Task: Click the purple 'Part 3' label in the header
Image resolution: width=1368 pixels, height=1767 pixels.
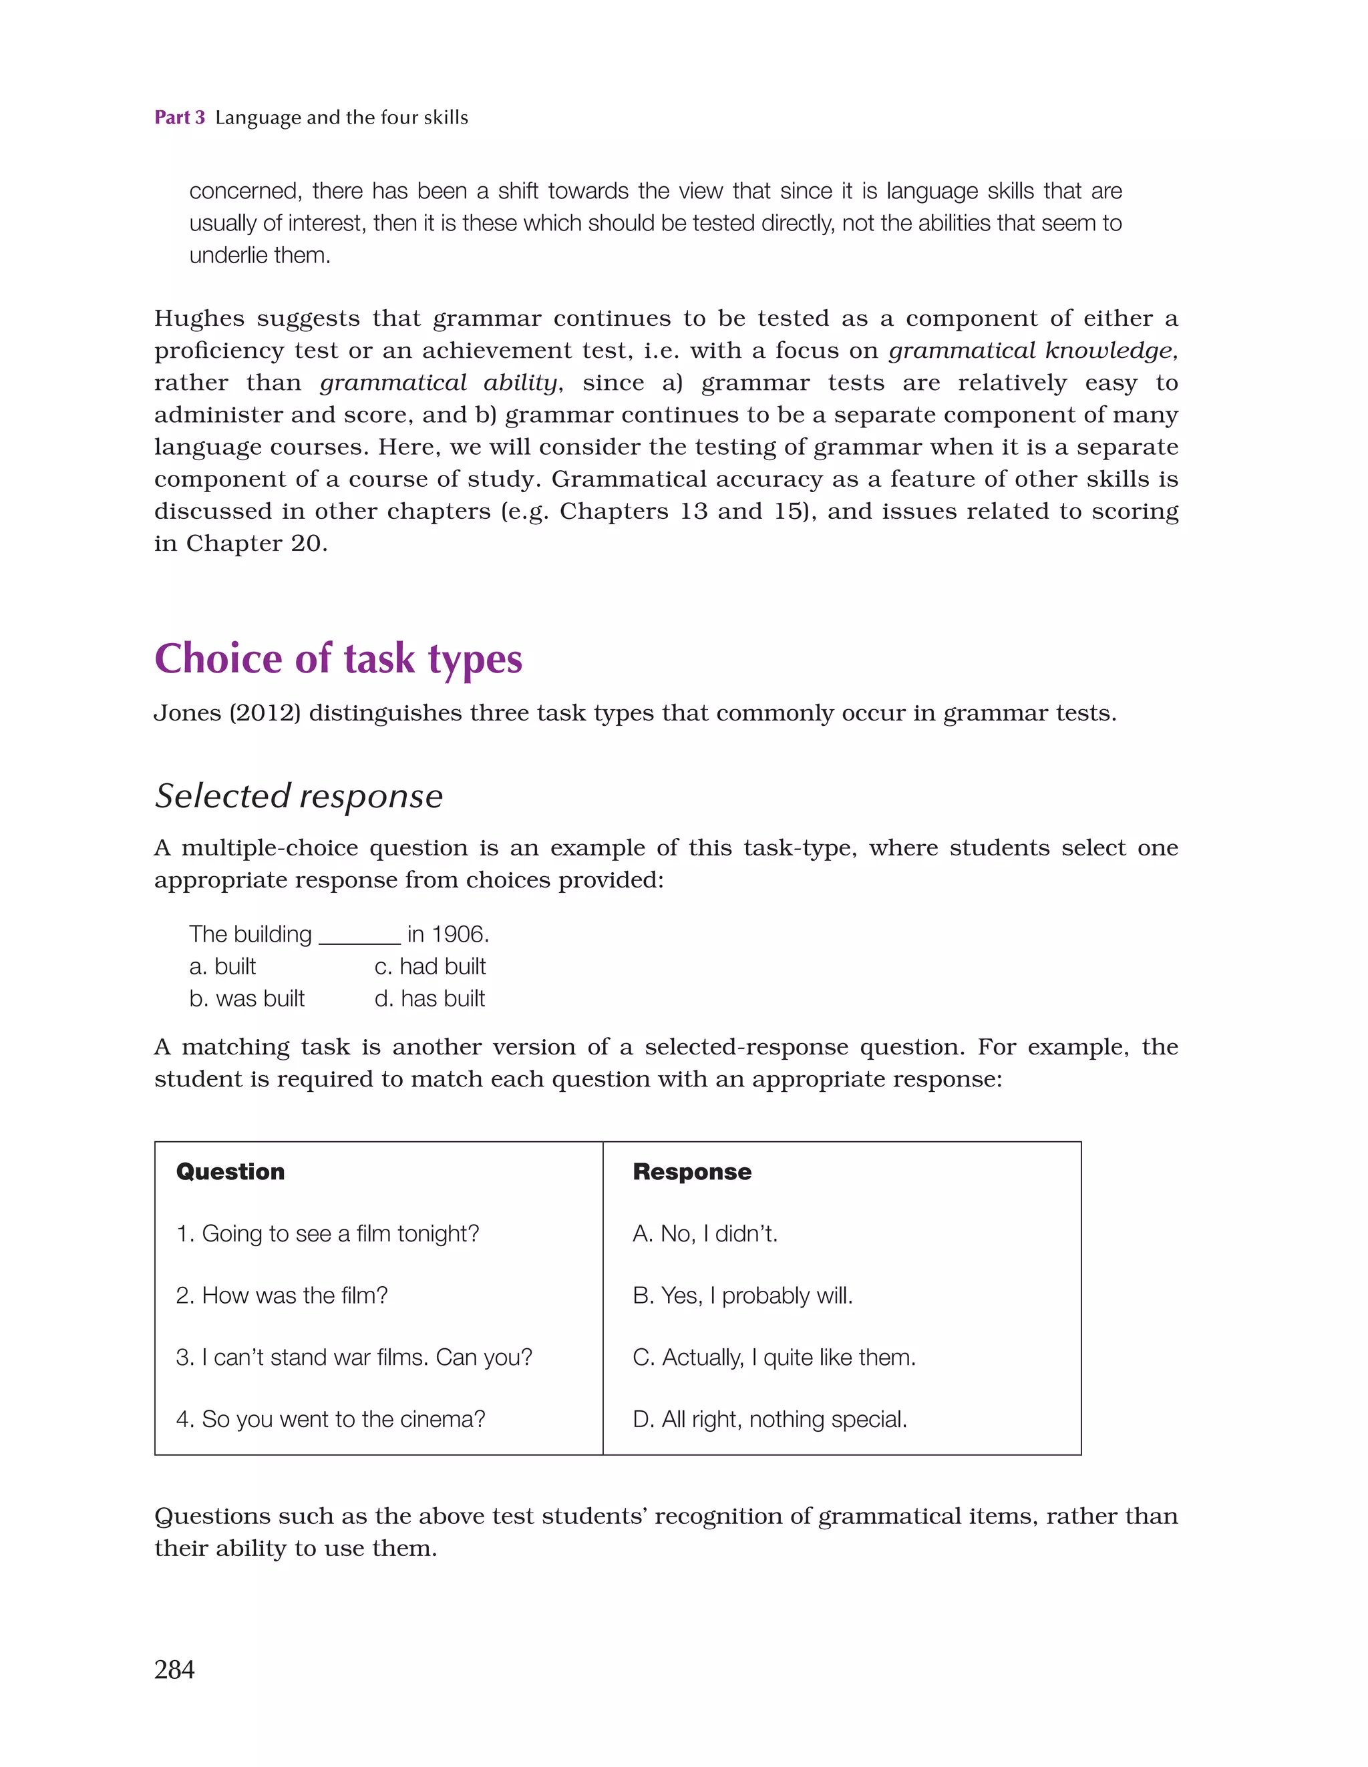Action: pyautogui.click(x=179, y=118)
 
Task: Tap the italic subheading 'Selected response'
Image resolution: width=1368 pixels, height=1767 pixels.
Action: pyautogui.click(x=299, y=796)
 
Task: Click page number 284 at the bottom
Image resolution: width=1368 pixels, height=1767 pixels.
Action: pyautogui.click(x=174, y=1669)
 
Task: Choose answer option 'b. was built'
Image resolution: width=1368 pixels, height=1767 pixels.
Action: pyautogui.click(x=247, y=999)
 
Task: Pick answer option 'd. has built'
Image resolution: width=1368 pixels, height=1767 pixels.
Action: pyautogui.click(x=429, y=999)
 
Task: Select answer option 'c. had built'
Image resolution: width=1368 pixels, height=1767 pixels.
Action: pyautogui.click(x=430, y=967)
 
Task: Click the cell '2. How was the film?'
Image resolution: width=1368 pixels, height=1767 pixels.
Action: pyautogui.click(x=282, y=1296)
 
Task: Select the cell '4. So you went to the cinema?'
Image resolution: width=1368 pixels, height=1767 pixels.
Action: pyautogui.click(x=330, y=1419)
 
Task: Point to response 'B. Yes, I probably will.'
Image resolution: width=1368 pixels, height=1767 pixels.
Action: pyautogui.click(x=742, y=1296)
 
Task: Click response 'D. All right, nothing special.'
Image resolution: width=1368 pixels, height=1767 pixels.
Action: pyautogui.click(x=769, y=1419)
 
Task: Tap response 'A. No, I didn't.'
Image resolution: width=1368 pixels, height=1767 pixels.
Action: pyautogui.click(x=704, y=1234)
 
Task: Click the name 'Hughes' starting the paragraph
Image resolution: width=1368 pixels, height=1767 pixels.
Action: pyautogui.click(x=199, y=319)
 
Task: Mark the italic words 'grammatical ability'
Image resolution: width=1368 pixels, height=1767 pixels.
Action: pyautogui.click(x=440, y=383)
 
